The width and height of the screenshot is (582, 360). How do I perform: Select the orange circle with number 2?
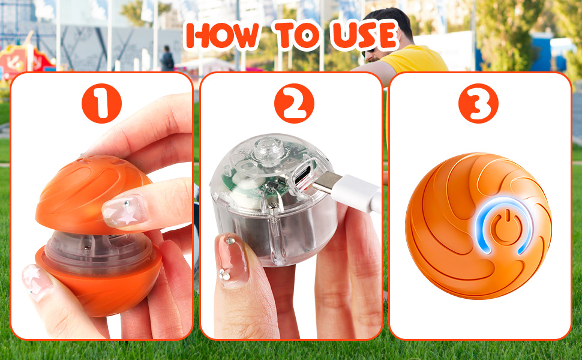(294, 104)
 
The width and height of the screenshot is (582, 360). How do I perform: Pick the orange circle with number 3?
(478, 104)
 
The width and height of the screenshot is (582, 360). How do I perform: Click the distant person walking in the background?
(167, 59)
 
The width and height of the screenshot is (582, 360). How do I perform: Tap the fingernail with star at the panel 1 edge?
(37, 282)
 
